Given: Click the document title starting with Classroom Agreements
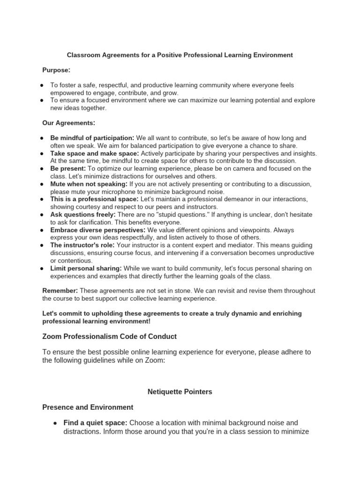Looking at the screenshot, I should click(x=180, y=55).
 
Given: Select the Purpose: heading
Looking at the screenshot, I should click(x=56, y=70).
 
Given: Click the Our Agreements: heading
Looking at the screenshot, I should click(x=69, y=123).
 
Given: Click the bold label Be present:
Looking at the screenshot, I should click(x=68, y=168).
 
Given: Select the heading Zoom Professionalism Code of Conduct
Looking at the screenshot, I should click(x=109, y=337).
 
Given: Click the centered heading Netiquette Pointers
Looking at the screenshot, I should click(x=180, y=391).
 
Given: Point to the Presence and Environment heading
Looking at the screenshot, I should click(x=88, y=407).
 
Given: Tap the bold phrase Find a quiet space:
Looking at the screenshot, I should click(x=95, y=423).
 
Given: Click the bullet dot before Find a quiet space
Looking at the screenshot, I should click(x=55, y=423).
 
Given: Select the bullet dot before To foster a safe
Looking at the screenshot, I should click(x=42, y=85).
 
